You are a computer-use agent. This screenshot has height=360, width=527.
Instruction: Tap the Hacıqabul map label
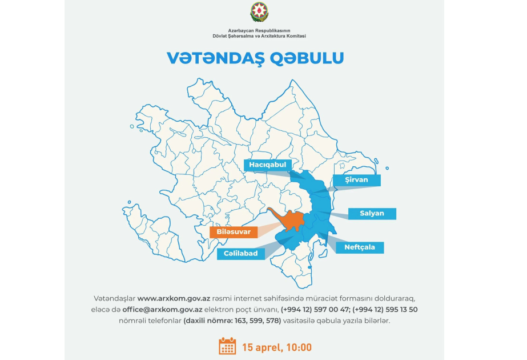[267, 165]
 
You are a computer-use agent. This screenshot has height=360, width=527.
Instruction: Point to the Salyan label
[372, 213]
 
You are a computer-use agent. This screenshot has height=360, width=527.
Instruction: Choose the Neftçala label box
[360, 247]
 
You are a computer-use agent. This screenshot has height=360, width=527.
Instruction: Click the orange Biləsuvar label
[230, 232]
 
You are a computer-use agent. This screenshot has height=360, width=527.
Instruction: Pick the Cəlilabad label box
[240, 254]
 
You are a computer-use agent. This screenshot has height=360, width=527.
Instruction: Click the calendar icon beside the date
[227, 346]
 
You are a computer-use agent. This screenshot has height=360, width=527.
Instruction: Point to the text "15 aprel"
[259, 347]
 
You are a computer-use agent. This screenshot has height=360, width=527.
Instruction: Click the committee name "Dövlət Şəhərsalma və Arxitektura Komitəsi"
[259, 36]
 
